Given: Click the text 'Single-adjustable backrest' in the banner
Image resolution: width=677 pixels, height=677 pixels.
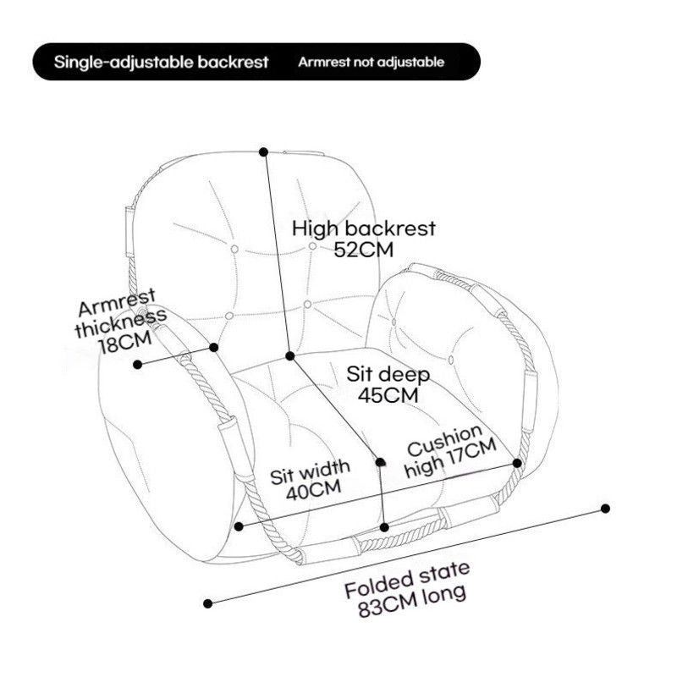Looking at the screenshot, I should (161, 62).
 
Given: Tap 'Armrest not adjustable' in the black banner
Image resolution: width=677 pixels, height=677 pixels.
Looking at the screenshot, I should (371, 62).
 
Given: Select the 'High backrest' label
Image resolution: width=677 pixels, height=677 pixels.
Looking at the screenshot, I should (364, 228).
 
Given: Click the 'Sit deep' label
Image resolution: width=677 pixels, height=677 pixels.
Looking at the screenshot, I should (388, 374).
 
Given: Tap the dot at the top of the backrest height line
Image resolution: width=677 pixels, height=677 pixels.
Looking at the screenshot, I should (264, 151).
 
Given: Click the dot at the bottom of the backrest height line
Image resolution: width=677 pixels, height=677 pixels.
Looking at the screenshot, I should (289, 356).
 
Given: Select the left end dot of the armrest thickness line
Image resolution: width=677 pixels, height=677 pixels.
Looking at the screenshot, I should (137, 364).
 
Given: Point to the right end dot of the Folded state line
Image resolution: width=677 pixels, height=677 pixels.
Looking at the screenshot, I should (606, 508).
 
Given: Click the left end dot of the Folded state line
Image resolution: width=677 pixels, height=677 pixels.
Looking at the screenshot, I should (209, 603).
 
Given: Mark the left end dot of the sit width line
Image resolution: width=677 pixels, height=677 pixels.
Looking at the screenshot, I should (239, 526).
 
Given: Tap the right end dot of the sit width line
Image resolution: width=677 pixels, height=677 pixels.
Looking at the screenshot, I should (517, 463).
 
